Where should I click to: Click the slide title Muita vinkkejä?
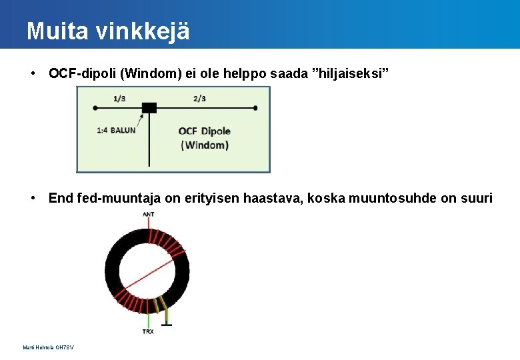pyautogui.click(x=108, y=31)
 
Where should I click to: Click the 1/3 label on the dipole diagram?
pyautogui.click(x=119, y=99)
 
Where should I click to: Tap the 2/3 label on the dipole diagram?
pyautogui.click(x=199, y=99)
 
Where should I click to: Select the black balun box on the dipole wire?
pyautogui.click(x=149, y=107)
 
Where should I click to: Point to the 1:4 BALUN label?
pyautogui.click(x=116, y=131)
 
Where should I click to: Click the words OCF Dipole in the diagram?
pyautogui.click(x=205, y=131)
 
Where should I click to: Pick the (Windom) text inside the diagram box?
pyautogui.click(x=205, y=145)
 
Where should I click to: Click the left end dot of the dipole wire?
pyautogui.click(x=95, y=107)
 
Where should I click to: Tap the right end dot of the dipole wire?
pyautogui.click(x=256, y=107)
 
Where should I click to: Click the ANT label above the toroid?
pyautogui.click(x=147, y=214)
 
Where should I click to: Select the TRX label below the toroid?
pyautogui.click(x=148, y=331)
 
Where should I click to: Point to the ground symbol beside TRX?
pyautogui.click(x=166, y=325)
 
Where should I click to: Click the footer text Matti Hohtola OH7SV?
pyautogui.click(x=48, y=347)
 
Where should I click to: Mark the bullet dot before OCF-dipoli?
pyautogui.click(x=33, y=73)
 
